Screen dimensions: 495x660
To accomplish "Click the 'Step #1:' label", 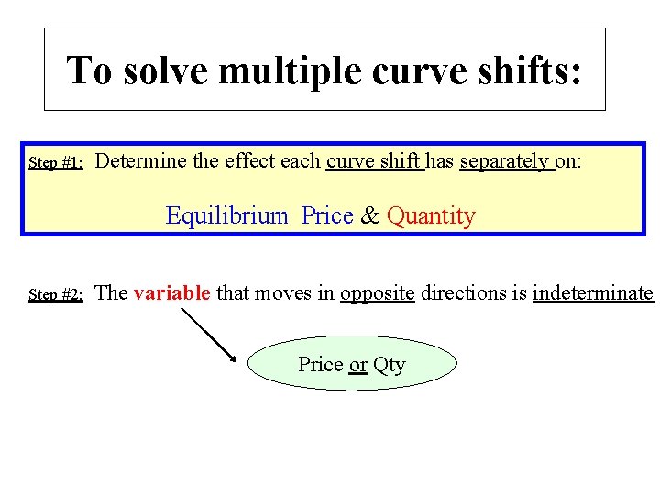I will coord(57,163).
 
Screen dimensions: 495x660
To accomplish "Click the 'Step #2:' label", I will coord(57,295).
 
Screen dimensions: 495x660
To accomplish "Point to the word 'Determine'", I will coord(138,161).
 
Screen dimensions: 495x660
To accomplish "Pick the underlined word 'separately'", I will coord(503,161).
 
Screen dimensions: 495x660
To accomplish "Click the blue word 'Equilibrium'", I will coord(226,216).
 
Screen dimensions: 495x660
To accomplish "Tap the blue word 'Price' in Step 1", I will coord(327,216).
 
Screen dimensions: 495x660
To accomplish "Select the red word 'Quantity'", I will coord(431,216).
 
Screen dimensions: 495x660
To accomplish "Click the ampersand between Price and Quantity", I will coord(370,216).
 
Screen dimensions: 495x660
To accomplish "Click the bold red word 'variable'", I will coord(172,293).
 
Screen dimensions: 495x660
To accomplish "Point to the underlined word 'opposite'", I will coord(378,293).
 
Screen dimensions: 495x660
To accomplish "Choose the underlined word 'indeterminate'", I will coord(592,293).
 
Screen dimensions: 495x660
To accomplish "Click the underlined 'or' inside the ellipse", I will coord(358,365).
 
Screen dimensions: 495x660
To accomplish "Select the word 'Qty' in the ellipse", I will coord(390,365).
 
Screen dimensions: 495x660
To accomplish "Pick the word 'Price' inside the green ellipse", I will coord(321,365).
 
